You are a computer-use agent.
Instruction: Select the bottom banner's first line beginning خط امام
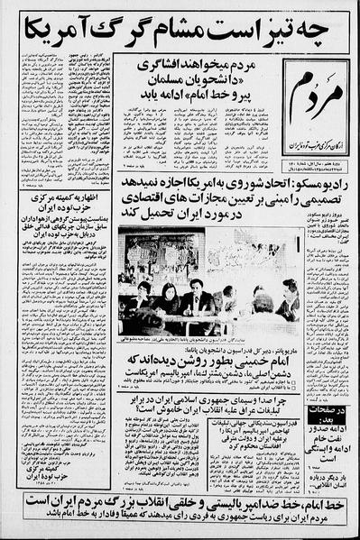coord(180,507)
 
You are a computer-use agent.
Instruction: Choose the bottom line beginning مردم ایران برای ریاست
coord(180,523)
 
